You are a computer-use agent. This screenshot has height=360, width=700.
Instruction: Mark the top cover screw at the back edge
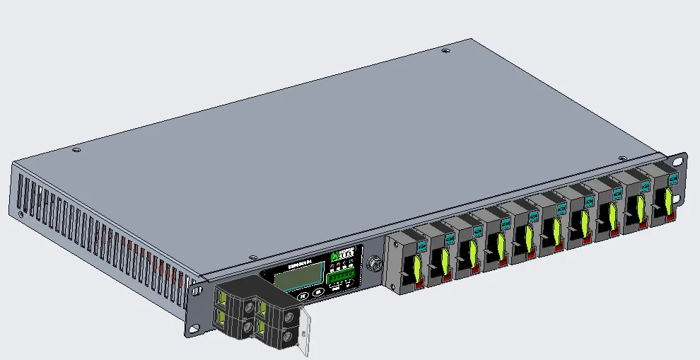click(x=445, y=51)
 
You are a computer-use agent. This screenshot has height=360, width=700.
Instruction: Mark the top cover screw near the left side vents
click(x=77, y=149)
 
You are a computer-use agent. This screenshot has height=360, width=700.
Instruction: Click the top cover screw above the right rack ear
click(x=622, y=158)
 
